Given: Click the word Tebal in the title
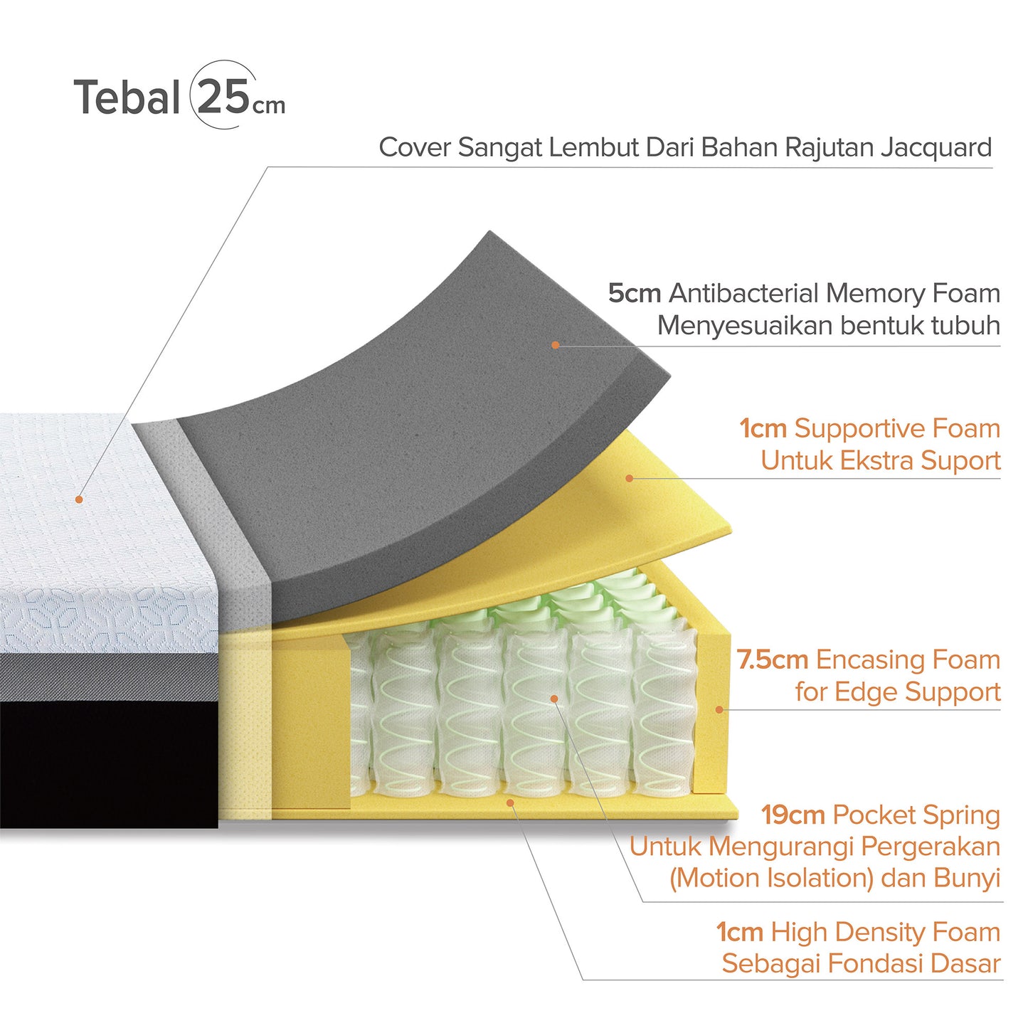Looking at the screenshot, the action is pos(127,97).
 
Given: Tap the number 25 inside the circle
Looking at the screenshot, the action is pos(223,96).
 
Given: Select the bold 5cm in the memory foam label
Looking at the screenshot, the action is pos(635,293).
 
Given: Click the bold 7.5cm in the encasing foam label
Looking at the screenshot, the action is pos(773,660).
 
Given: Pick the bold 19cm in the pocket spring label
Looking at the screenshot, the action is pos(793,815).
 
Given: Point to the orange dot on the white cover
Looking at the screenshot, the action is pos(79,499).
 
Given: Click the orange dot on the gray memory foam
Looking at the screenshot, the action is pos(556,345).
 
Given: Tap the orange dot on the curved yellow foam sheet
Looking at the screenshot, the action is pos(630,478).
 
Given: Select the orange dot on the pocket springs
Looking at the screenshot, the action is pos(554,699).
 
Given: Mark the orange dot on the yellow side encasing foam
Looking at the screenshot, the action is pos(719,709).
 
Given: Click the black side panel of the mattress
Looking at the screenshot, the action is pos(109,765).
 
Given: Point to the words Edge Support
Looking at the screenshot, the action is pos(917,692).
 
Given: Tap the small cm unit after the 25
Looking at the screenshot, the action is pos(269,105).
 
